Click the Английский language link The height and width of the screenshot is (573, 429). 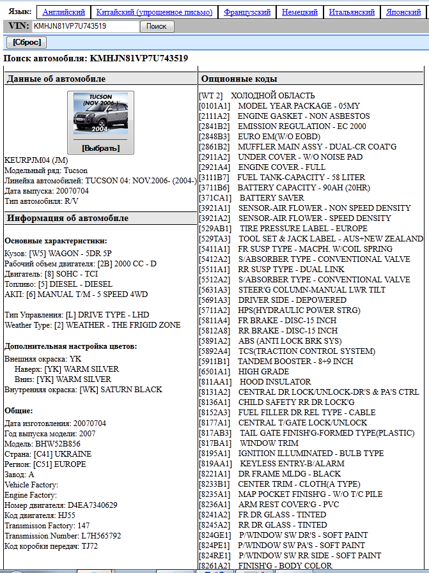64,12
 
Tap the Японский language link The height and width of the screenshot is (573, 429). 403,12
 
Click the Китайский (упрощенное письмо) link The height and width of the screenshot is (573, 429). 154,12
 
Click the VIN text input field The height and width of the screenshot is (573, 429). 85,26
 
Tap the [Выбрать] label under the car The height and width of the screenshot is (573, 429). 100,148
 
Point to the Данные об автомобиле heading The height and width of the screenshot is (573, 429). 56,79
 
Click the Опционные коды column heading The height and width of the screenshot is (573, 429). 239,79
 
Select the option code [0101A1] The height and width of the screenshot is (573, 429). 215,106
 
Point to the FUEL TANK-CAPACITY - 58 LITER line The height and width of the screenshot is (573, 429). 301,177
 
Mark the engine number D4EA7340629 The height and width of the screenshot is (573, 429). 93,505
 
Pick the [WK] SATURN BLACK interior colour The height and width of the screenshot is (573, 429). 121,390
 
